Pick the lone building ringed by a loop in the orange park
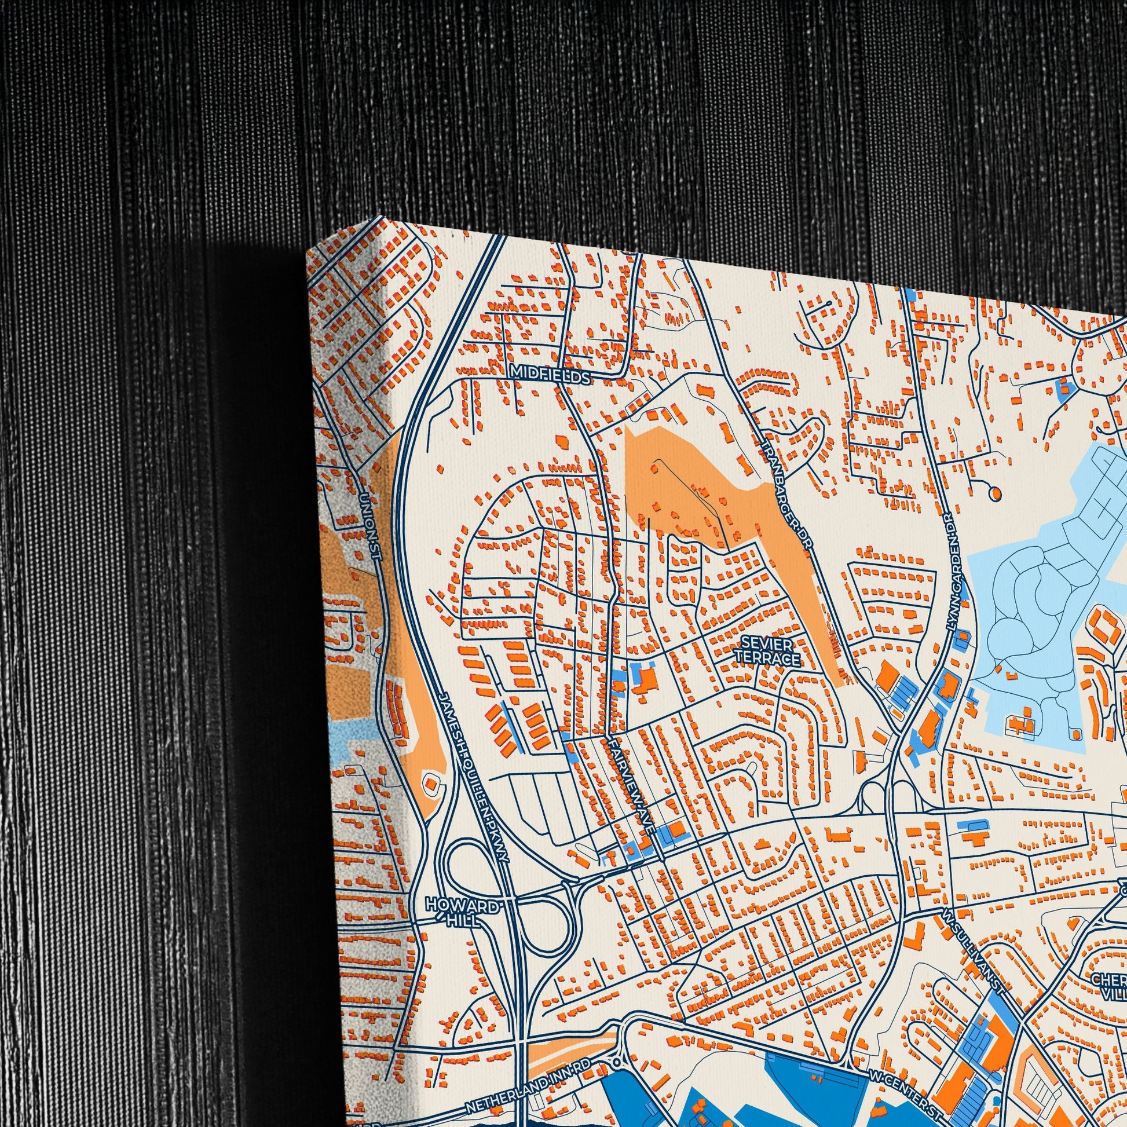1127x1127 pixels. click(432, 785)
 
